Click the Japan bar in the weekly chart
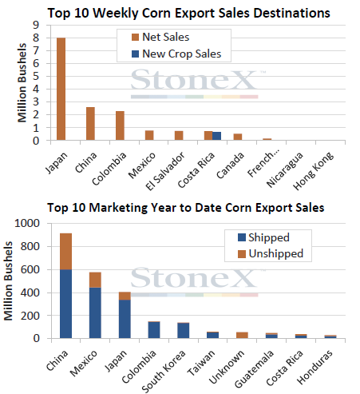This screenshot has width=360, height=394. point(61,89)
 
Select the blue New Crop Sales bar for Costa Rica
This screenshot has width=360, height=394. point(216,136)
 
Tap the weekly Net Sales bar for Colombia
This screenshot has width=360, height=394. point(120,125)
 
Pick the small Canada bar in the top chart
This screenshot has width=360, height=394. point(238,137)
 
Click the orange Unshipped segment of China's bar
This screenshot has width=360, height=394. point(65,252)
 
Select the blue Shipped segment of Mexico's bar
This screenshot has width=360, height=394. point(95,313)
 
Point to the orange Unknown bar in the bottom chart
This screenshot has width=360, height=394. point(242,335)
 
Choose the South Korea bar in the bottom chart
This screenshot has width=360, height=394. point(184,330)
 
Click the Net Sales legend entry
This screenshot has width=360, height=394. point(160,37)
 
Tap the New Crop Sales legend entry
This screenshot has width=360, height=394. point(176,54)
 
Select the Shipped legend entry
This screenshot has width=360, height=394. point(263,237)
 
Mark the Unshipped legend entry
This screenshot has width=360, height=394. point(271,253)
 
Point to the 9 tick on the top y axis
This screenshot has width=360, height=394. point(36,25)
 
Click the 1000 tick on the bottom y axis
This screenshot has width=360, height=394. point(27,223)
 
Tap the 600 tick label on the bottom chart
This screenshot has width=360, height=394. point(30,269)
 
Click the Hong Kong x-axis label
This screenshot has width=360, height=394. point(313,171)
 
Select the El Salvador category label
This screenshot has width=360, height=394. point(165,171)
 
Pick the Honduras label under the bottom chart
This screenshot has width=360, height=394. point(315,367)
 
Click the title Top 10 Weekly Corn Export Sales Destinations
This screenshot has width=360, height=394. point(188,13)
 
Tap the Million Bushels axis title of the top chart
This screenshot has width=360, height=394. point(22,82)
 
